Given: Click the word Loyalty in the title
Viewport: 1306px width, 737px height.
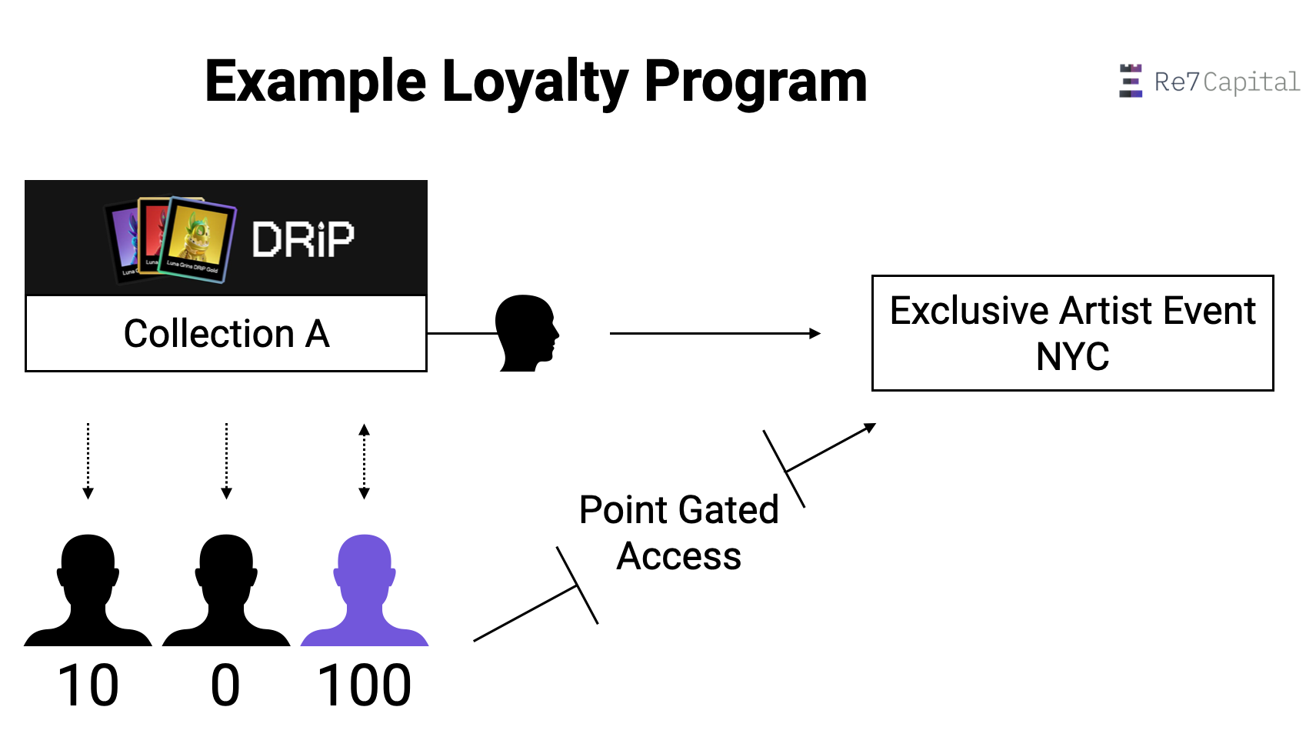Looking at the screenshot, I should (x=535, y=82).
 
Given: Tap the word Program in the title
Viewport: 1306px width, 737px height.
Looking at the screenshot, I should (x=755, y=82).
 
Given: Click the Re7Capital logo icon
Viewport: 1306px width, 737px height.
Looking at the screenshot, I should (x=1130, y=81).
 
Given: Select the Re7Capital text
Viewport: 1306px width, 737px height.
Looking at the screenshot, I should (x=1227, y=82).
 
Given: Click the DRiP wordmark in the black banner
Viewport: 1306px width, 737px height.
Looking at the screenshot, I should (x=303, y=239).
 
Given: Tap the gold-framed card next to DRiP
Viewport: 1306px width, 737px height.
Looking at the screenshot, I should (x=198, y=239).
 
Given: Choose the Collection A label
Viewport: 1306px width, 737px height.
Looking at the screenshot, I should (x=226, y=334).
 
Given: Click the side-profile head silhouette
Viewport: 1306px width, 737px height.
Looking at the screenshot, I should (x=526, y=333).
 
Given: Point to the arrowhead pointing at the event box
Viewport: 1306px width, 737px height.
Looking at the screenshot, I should (x=816, y=333).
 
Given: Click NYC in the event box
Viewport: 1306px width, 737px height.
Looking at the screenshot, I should (x=1072, y=357).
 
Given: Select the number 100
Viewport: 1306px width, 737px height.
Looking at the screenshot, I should (x=365, y=685).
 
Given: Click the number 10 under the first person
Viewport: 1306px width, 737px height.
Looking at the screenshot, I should (x=88, y=685).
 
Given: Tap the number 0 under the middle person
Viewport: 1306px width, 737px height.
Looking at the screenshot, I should (x=225, y=685).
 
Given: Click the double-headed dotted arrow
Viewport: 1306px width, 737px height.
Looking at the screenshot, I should (x=365, y=462).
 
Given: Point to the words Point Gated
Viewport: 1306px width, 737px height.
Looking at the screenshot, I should (x=678, y=510).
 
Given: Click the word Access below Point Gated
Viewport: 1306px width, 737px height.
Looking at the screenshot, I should (x=678, y=556).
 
